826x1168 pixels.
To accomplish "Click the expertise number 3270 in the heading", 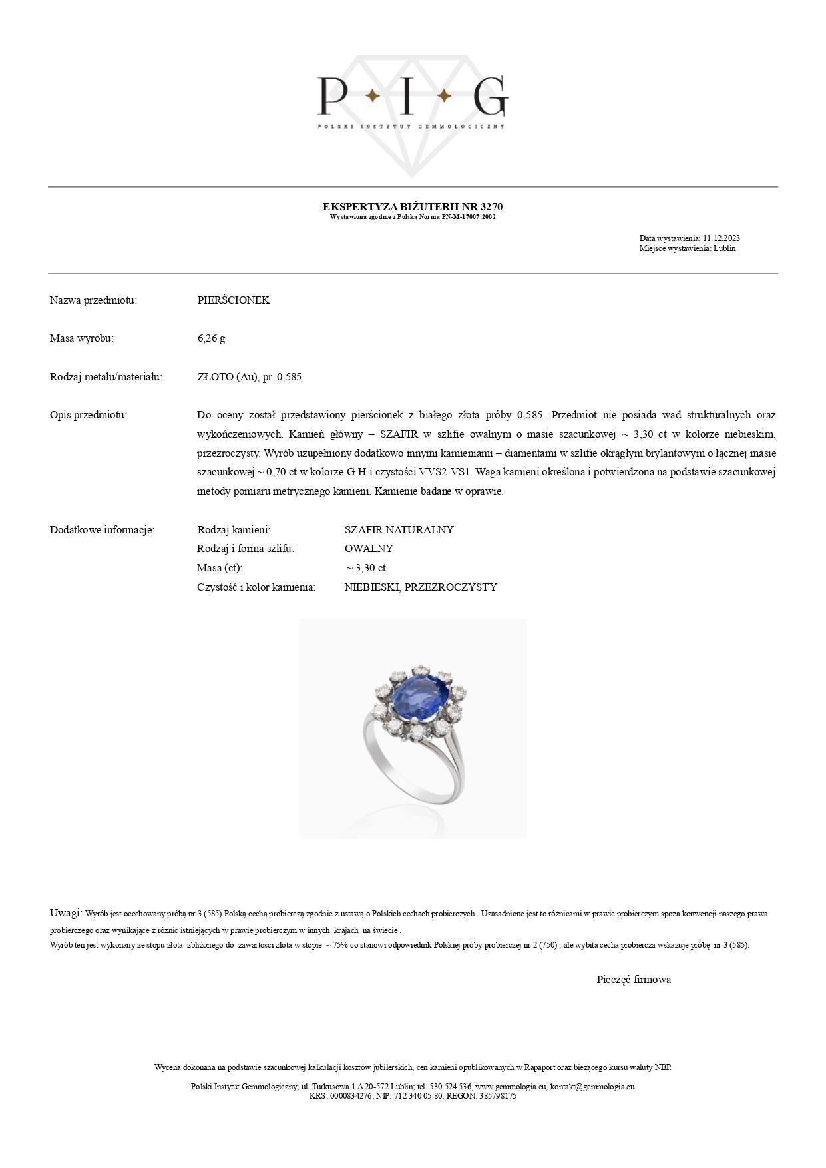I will coord(491,207).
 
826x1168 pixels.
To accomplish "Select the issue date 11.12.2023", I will coord(722,238).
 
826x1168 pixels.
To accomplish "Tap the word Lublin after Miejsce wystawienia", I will coord(724,248).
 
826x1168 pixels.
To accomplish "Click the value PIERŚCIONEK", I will coord(233,300).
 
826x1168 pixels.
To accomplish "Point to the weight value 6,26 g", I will coord(211,338).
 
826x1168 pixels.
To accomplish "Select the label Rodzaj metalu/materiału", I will coord(106,377).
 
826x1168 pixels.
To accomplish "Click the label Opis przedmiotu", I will coord(88,415).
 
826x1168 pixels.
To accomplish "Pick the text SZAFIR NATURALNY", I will coord(399,530).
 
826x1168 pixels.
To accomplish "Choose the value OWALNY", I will coord(369,549).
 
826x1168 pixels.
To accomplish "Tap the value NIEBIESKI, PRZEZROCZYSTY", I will coord(421,587).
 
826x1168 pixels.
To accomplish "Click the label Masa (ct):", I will coord(220,568).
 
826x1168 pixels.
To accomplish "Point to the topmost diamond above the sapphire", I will coord(419,670).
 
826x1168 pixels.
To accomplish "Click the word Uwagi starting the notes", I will coord(65,912).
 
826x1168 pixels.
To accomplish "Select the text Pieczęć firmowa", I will coord(634,979).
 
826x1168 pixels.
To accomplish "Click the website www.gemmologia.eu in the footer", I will coord(511,1086).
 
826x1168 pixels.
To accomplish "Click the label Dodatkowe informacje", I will coord(102,530).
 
